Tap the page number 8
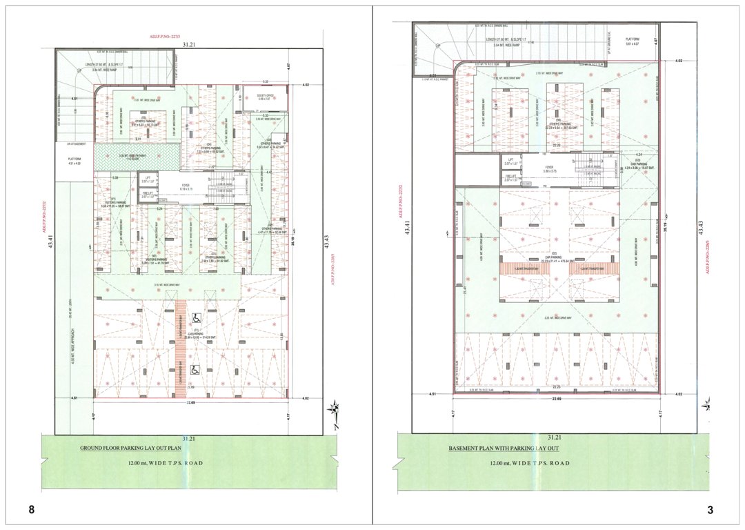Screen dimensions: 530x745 click(31, 510)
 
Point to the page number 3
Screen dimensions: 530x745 click(710, 510)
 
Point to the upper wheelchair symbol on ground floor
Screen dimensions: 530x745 click(196, 318)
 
